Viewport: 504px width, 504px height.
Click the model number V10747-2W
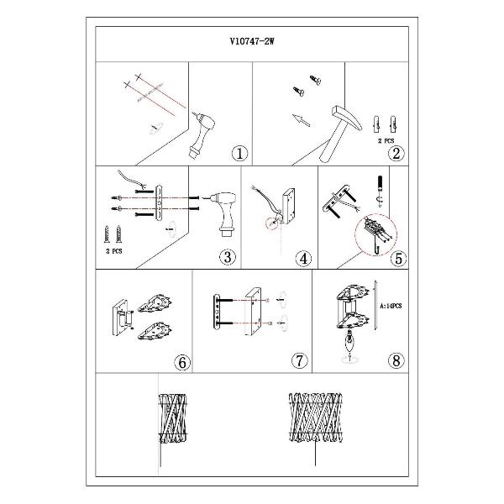252,41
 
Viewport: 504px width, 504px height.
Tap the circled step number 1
239,154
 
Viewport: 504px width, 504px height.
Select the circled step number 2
396,154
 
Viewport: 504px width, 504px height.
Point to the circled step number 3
228,257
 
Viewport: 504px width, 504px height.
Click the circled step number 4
303,259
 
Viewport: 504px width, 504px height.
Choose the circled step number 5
398,259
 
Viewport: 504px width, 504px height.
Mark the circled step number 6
182,363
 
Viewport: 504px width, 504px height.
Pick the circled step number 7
299,360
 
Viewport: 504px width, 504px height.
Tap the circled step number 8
396,360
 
